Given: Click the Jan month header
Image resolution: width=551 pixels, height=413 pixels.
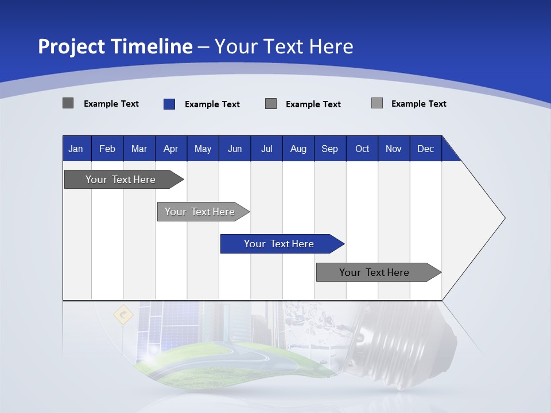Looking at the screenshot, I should (x=76, y=149).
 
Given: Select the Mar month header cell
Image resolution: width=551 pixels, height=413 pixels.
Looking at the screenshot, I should (x=139, y=149).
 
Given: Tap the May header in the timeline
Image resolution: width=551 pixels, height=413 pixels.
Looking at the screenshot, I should (x=203, y=149).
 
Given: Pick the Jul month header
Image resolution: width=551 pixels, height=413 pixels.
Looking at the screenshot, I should (x=266, y=149).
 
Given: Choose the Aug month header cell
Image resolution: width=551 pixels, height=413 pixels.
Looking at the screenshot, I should (x=298, y=149).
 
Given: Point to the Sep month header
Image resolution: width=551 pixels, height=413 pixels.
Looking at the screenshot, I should (x=329, y=149).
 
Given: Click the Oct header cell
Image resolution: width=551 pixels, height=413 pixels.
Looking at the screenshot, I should (x=362, y=149).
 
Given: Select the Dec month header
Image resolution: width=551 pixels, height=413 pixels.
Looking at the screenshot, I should (x=425, y=149).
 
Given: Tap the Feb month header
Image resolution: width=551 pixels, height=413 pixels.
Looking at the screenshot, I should (x=107, y=149).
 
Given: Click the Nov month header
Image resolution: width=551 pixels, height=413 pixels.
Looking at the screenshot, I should (x=393, y=149).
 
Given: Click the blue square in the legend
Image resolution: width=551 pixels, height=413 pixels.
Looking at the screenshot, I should (x=169, y=104).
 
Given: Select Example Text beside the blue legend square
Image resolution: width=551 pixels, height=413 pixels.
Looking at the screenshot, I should (x=212, y=104).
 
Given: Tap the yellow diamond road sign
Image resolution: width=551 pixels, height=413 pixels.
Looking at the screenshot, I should (x=123, y=314).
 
